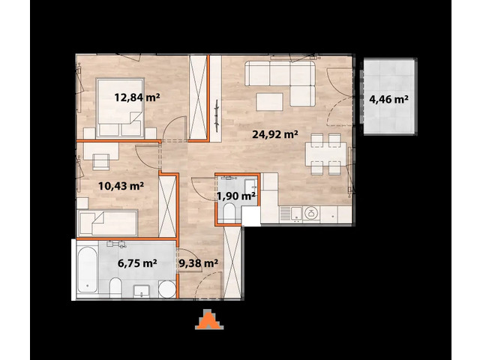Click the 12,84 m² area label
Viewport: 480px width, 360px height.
[x=136, y=97]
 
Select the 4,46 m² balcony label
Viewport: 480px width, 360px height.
[x=388, y=97]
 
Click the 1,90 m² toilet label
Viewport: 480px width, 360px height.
[x=236, y=196]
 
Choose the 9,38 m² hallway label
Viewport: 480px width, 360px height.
[x=199, y=263]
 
